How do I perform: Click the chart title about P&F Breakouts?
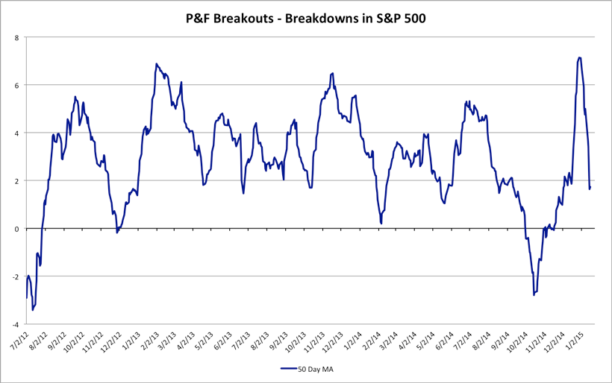coord(305,18)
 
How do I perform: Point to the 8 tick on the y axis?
coord(16,37)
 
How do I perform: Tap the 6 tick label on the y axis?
coord(16,85)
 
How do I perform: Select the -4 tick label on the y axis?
coord(14,325)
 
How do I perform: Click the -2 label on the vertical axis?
coord(14,276)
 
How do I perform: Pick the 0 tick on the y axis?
coord(16,229)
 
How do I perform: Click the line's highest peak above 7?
coord(579,57)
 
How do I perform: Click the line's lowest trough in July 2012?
coord(33,310)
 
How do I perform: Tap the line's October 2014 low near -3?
coord(534,295)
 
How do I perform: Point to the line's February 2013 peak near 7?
coord(157,64)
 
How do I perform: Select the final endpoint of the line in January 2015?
coord(590,187)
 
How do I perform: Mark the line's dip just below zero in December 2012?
coord(117,232)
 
